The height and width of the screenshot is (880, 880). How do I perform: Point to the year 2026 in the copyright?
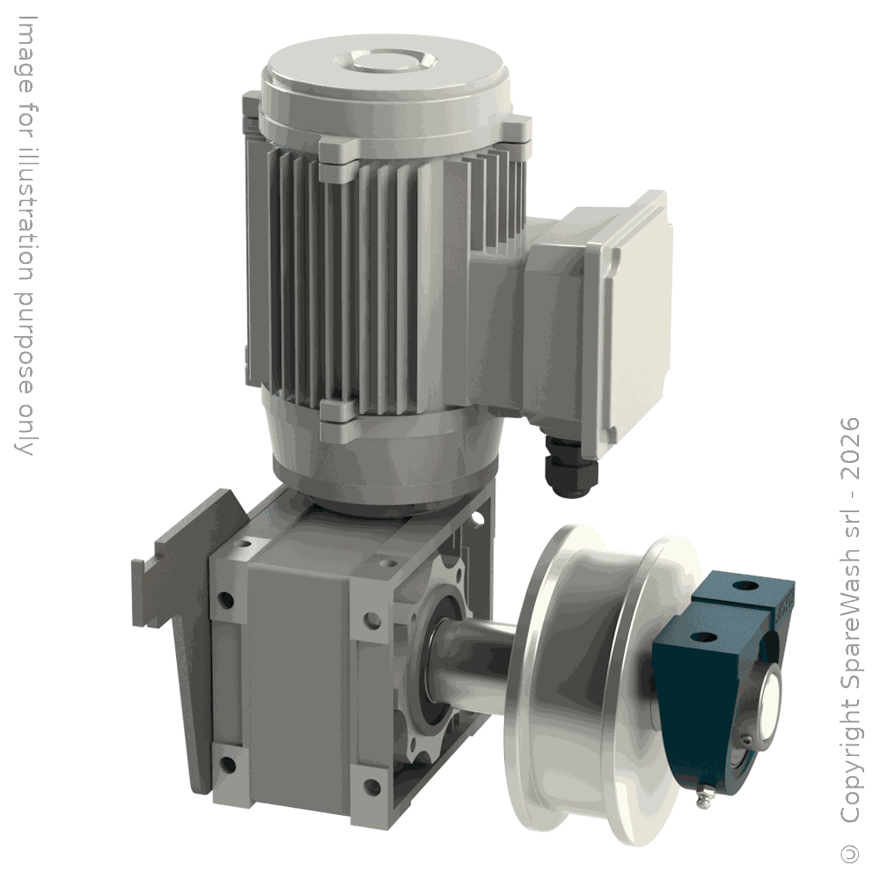(x=850, y=448)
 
